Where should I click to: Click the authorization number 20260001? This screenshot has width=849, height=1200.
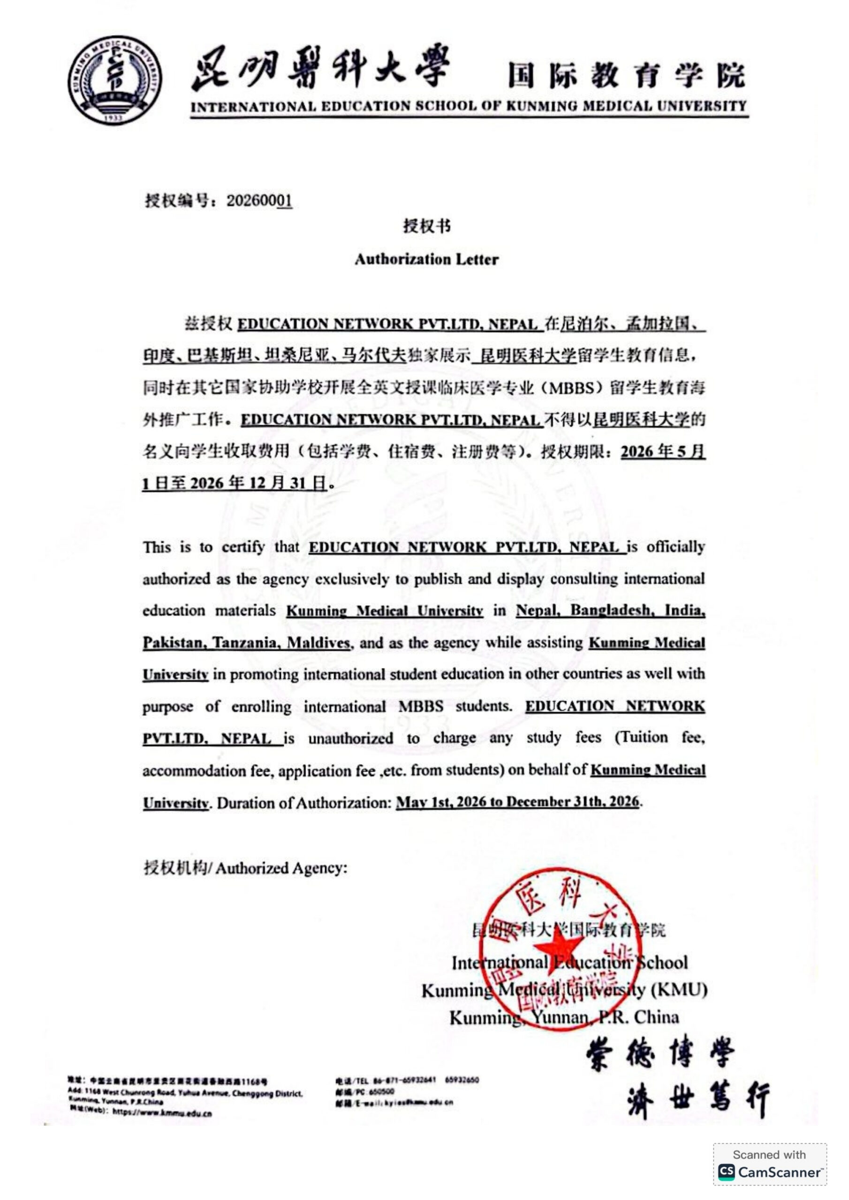pyautogui.click(x=259, y=201)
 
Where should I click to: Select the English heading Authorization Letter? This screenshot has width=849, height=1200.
pyautogui.click(x=426, y=259)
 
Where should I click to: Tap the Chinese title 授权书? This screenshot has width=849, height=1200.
pyautogui.click(x=426, y=226)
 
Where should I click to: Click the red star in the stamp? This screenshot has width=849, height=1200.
pyautogui.click(x=558, y=952)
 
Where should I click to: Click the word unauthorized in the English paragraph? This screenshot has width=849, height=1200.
pyautogui.click(x=350, y=738)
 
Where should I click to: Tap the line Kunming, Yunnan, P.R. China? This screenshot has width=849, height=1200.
pyautogui.click(x=564, y=1018)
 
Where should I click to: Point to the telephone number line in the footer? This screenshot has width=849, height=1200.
pyautogui.click(x=408, y=1080)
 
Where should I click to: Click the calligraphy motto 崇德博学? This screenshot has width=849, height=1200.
pyautogui.click(x=661, y=1053)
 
